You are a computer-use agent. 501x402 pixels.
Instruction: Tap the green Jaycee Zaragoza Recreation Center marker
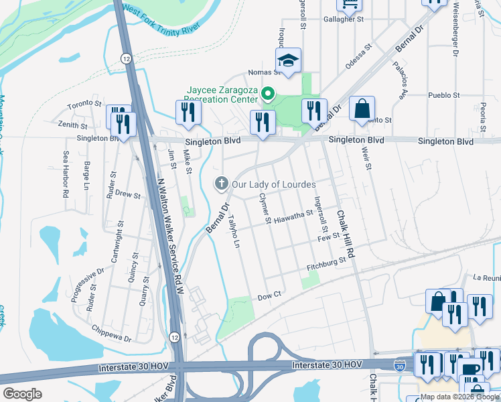[x=268, y=94]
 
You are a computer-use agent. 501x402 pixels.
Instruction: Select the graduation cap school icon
[x=288, y=60]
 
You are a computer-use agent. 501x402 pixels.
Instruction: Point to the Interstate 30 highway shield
[x=399, y=366]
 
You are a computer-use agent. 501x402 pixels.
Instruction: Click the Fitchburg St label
[x=325, y=267]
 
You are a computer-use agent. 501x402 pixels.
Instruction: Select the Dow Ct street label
[x=269, y=295]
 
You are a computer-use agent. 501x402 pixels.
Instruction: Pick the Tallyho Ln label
[x=233, y=230]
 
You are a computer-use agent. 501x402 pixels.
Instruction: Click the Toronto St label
[x=84, y=105]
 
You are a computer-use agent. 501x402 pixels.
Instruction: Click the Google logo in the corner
[x=22, y=394]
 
